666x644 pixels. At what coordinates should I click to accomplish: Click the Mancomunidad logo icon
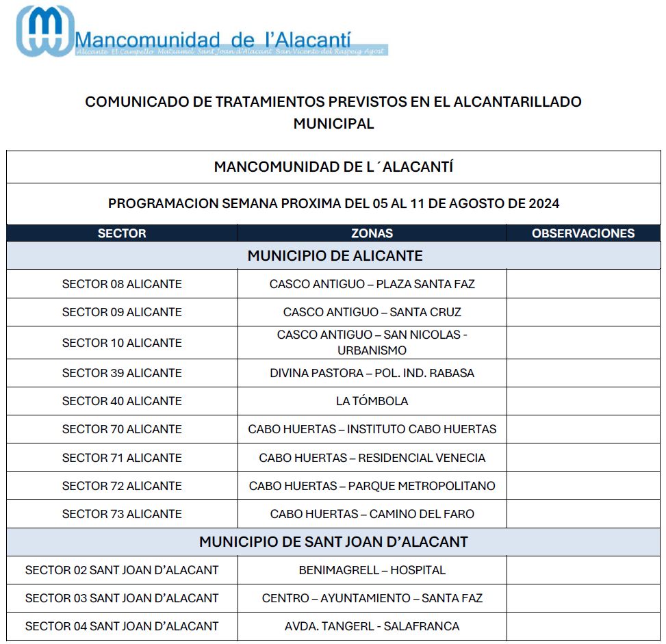click(x=45, y=30)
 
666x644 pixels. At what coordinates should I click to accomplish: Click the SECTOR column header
click(x=122, y=233)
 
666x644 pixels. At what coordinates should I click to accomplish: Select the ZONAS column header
click(x=372, y=233)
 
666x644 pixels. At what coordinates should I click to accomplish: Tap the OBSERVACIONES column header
click(x=583, y=233)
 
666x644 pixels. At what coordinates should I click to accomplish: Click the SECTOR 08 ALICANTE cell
click(x=122, y=284)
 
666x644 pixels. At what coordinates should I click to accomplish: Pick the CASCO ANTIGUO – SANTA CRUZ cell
click(x=372, y=312)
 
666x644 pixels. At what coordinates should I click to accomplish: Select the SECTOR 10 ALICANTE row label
click(x=122, y=343)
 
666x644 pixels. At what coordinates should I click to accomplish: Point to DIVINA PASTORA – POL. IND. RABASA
click(x=372, y=373)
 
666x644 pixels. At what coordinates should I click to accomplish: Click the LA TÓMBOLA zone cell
click(x=372, y=401)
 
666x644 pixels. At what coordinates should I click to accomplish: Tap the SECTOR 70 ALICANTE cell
click(x=122, y=429)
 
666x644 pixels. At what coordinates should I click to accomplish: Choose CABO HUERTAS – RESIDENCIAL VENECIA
click(x=372, y=458)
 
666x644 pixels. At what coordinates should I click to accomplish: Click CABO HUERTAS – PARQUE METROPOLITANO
click(x=372, y=486)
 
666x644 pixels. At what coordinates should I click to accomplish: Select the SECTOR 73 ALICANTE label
click(x=122, y=514)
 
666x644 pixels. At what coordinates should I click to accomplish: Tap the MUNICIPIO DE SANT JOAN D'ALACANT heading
click(x=333, y=542)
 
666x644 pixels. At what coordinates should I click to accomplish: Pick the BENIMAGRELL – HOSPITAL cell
click(x=372, y=570)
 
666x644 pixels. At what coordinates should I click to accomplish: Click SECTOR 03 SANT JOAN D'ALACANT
click(x=122, y=598)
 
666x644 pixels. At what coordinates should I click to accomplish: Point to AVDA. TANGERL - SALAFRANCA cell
click(x=372, y=626)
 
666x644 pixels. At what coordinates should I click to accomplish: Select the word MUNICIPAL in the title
click(x=333, y=124)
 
